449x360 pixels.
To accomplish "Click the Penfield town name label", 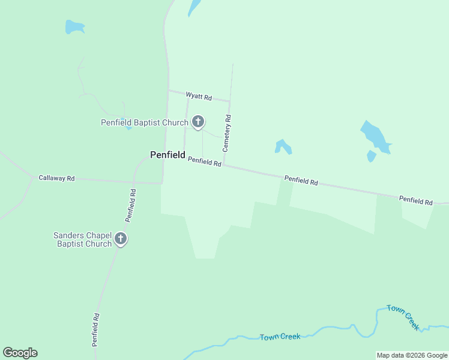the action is coord(167,155).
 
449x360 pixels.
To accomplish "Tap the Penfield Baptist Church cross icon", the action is coord(198,122).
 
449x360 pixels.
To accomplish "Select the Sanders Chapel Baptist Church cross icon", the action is coord(120,239).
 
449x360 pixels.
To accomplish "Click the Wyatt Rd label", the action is coord(199,97).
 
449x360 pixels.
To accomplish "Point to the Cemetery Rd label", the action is coord(227,133).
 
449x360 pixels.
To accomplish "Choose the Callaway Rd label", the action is coord(56,178).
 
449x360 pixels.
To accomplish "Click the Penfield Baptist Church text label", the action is coord(144,123).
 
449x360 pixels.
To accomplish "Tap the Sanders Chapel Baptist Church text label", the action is coord(82,239).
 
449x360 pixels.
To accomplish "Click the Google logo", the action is coord(20,353).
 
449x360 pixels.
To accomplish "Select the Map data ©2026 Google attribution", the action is coord(412,355).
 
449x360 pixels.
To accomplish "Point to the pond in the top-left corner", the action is coord(74,27).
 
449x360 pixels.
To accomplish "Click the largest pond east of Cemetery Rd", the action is coord(375,136).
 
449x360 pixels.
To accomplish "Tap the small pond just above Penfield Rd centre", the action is coord(283,146).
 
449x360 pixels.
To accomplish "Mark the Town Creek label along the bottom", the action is coord(280,337).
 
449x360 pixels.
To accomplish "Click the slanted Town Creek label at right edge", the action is coord(403,317).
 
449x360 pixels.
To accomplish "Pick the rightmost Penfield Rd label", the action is coord(416,201).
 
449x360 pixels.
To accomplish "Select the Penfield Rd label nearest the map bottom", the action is coord(95,329).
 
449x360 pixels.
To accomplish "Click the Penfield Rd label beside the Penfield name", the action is coord(205,161).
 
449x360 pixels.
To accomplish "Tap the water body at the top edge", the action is coord(194,7).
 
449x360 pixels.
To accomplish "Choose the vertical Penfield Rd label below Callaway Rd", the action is coord(131,206).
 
